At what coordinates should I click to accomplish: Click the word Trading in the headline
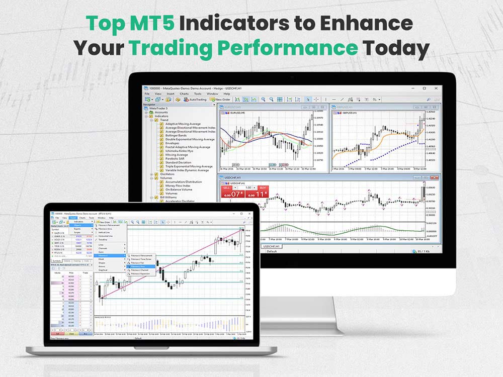(x=168, y=48)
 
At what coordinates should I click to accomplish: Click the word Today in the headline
(x=396, y=48)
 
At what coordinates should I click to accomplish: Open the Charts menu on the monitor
(x=184, y=93)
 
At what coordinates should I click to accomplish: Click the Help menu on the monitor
(x=226, y=93)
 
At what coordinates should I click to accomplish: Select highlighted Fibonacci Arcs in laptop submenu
(x=137, y=266)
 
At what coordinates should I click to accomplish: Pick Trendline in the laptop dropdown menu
(x=103, y=240)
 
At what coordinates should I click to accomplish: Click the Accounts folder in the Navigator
(x=161, y=112)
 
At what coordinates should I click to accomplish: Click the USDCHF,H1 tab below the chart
(x=272, y=246)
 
